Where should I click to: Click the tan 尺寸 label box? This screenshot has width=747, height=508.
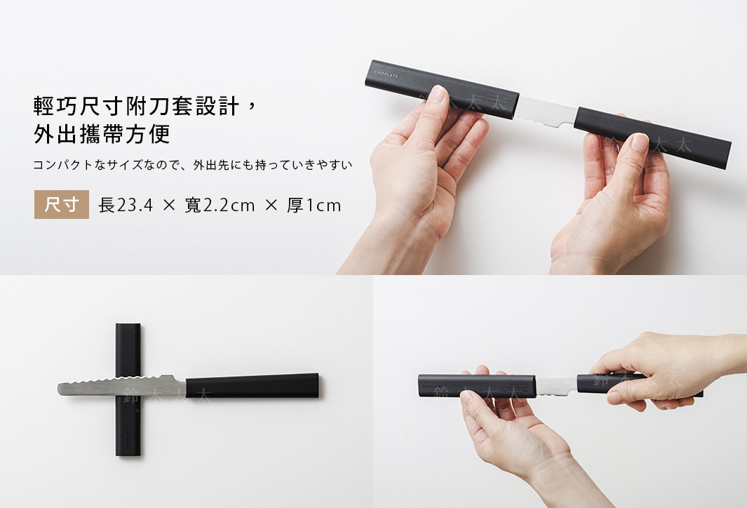click(62, 204)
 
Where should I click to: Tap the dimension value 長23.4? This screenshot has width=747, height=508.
click(126, 206)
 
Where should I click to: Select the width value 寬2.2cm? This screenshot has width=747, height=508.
click(220, 206)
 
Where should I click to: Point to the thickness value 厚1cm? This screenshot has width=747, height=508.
click(314, 206)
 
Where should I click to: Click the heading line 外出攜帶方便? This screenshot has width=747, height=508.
click(102, 134)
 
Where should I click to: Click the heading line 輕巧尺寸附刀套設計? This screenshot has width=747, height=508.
click(136, 106)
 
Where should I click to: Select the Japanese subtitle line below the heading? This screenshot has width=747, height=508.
click(193, 165)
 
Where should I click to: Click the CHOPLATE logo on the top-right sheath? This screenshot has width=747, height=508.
click(386, 74)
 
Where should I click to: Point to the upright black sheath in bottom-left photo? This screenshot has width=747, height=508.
click(128, 389)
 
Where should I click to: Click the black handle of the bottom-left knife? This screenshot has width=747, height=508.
click(252, 385)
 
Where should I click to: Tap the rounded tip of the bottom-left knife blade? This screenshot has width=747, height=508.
click(60, 389)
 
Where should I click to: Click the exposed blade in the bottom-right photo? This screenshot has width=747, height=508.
click(556, 387)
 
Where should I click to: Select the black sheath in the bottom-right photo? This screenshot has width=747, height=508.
click(477, 385)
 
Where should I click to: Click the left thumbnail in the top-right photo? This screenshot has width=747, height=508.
click(438, 95)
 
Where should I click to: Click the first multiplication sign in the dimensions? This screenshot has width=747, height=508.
click(169, 206)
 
